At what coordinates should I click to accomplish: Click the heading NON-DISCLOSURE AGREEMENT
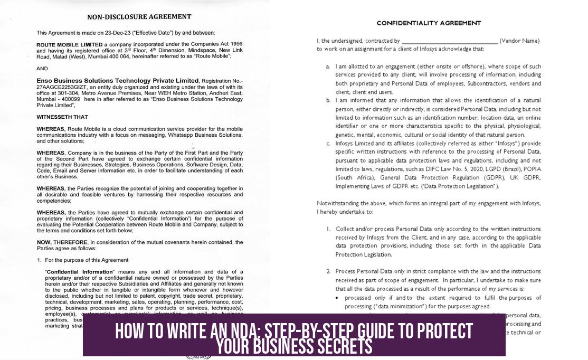click(139, 17)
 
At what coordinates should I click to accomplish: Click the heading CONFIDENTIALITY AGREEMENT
click(429, 23)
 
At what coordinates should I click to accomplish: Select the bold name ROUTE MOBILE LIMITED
click(70, 44)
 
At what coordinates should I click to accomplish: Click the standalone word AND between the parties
click(42, 68)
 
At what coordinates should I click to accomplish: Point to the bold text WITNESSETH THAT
click(62, 117)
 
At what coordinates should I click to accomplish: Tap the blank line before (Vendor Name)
click(450, 41)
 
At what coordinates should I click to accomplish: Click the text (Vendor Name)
click(519, 41)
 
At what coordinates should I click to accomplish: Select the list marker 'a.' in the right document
click(328, 67)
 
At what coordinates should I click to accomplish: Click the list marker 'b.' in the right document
click(328, 100)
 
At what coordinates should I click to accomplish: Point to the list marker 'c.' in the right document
click(328, 143)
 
